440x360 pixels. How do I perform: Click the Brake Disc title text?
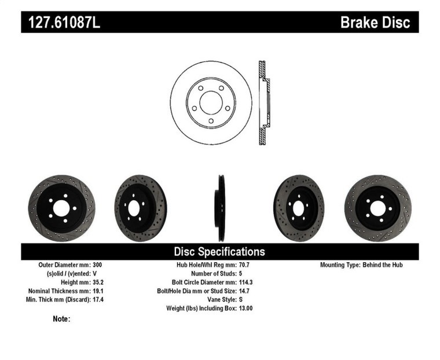pyautogui.click(x=375, y=23)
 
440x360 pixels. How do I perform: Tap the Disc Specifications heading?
pyautogui.click(x=219, y=252)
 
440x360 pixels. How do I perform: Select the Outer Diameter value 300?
pyautogui.click(x=97, y=265)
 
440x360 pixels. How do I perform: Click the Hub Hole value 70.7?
pyautogui.click(x=245, y=265)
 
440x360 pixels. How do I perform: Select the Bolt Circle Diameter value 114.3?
pyautogui.click(x=247, y=282)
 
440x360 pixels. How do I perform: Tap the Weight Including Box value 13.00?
pyautogui.click(x=247, y=308)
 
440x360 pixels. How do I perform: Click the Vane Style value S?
pyautogui.click(x=241, y=300)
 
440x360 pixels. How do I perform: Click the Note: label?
pyautogui.click(x=61, y=319)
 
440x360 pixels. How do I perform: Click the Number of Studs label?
pyautogui.click(x=207, y=274)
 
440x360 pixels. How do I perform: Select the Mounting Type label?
pyautogui.click(x=339, y=265)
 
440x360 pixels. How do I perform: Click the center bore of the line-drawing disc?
pyautogui.click(x=211, y=103)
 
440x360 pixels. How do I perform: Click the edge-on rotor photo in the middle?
pyautogui.click(x=220, y=208)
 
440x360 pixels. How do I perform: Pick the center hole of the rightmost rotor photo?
pyautogui.click(x=377, y=208)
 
